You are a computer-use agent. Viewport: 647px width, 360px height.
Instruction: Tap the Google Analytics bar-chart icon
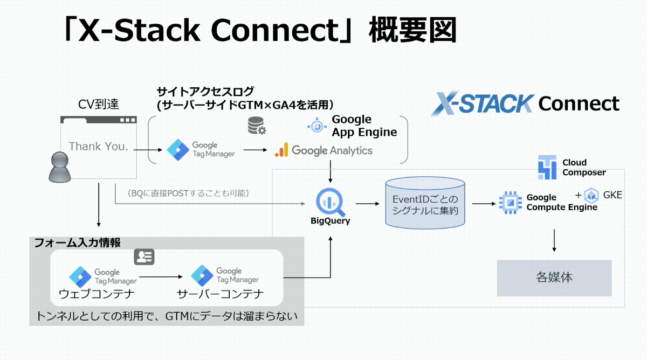(x=281, y=150)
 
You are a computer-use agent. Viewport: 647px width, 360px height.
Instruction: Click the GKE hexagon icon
(x=591, y=196)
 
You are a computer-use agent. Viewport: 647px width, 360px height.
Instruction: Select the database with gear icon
(x=256, y=126)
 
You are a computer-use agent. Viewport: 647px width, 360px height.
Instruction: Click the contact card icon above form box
(x=144, y=257)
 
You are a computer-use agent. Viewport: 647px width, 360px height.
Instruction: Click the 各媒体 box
(x=554, y=278)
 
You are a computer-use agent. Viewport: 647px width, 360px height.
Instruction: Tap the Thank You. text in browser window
(x=99, y=147)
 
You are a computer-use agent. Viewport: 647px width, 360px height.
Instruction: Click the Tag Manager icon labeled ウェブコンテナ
(x=80, y=276)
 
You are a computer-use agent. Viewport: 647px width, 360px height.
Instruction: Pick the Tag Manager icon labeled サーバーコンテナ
(x=202, y=276)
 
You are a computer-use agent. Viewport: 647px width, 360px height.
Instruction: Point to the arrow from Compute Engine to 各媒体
(x=554, y=240)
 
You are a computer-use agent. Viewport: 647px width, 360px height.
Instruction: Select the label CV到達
(x=98, y=103)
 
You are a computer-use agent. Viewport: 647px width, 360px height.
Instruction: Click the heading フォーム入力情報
(x=77, y=243)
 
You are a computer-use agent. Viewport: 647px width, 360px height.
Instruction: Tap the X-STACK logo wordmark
(x=482, y=103)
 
